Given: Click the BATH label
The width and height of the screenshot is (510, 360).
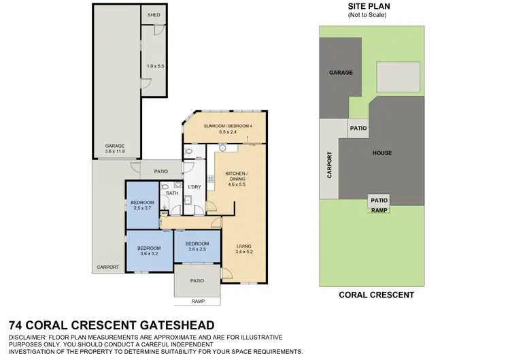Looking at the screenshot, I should [x=172, y=193].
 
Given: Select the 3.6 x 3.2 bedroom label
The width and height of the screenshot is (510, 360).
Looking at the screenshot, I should [x=148, y=250].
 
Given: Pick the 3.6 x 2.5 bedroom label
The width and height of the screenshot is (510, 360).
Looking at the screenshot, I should [x=197, y=246].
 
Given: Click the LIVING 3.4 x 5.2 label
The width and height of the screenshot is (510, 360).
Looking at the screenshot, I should [x=243, y=249].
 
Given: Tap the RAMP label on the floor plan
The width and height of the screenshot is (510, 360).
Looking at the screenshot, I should [x=198, y=301].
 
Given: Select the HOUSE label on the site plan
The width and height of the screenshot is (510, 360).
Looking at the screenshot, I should [x=381, y=153].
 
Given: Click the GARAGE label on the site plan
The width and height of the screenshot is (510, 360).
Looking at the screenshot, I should [x=341, y=72].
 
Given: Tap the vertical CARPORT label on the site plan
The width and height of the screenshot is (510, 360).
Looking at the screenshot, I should [x=330, y=165].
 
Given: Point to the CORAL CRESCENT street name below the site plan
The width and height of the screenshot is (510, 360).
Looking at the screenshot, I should [x=376, y=295].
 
